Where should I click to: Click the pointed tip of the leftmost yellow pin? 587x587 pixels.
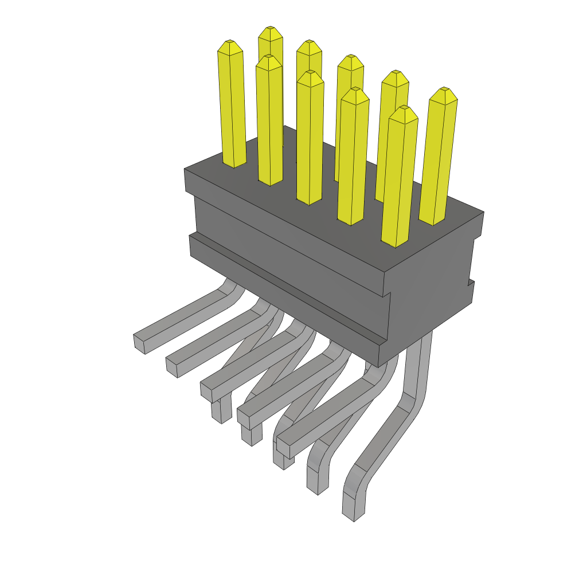230,43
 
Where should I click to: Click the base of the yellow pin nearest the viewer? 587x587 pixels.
396,241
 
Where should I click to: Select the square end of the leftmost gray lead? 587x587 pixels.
140,343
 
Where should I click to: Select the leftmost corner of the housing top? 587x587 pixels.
185,170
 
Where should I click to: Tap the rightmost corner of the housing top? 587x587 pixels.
483,212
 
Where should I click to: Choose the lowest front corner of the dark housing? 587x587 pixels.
379,366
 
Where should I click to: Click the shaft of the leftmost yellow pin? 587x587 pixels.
232,109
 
